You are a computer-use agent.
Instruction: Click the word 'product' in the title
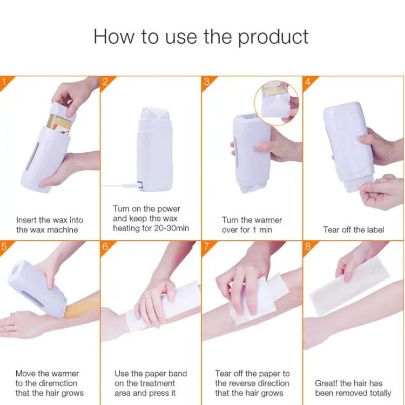273,37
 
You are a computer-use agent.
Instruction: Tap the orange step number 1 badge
4,82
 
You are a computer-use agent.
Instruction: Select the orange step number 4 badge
308,82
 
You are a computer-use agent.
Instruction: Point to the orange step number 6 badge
105,247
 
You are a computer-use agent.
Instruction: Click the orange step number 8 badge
308,247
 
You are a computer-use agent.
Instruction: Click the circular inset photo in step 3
276,103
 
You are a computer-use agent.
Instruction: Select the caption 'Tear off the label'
354,230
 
